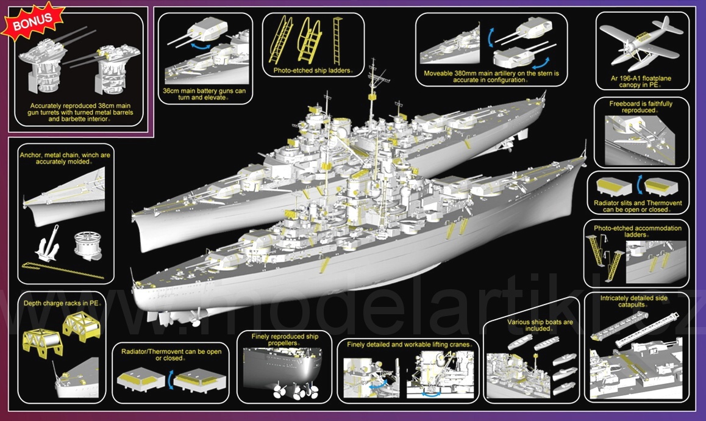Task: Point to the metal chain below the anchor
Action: coord(63,271)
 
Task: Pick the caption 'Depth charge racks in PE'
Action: coord(62,303)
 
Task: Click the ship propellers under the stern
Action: coord(295,390)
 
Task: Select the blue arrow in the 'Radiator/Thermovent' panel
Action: coord(170,380)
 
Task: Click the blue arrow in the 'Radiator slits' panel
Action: coord(640,185)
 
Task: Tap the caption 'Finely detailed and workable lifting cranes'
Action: coord(410,345)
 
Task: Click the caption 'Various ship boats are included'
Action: coord(540,325)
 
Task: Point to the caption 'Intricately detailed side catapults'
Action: coord(633,301)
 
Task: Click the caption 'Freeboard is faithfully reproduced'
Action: coord(640,107)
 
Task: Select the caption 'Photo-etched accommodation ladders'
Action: coord(637,231)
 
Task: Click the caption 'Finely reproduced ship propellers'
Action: coord(285,340)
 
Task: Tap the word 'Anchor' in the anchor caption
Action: coord(30,155)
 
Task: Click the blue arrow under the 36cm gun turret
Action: coord(201,46)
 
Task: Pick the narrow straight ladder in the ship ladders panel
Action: coord(337,40)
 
